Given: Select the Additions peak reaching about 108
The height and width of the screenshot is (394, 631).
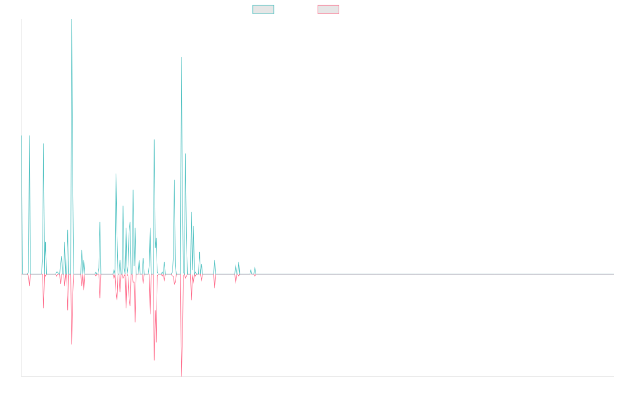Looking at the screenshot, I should [x=181, y=57].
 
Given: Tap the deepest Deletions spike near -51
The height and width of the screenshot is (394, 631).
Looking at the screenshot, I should [x=180, y=376].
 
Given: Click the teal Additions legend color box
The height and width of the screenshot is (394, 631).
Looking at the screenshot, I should [x=263, y=9].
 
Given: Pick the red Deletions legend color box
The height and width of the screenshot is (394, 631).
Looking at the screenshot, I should [x=329, y=9].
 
